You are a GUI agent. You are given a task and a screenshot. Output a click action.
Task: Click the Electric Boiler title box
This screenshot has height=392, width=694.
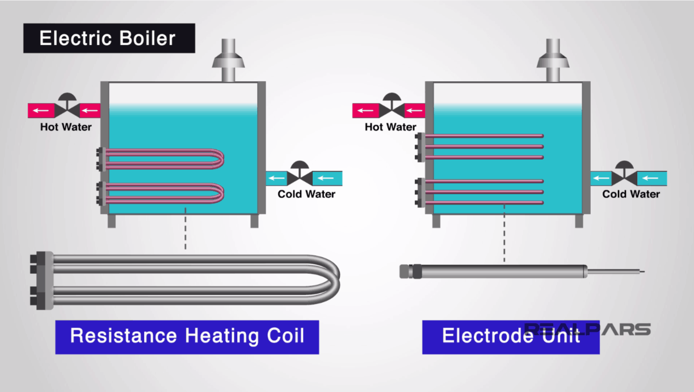coord(108,39)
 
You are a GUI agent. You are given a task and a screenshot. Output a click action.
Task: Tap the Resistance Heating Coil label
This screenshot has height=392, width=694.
coord(187,336)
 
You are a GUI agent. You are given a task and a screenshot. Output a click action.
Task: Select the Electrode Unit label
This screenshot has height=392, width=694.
coord(510,336)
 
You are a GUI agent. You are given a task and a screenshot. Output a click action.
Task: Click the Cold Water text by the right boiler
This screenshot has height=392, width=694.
coord(630,194)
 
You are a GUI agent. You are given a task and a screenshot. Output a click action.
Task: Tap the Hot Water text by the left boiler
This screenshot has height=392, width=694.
coord(65,127)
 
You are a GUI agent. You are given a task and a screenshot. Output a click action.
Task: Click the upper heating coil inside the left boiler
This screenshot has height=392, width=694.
coord(165,159)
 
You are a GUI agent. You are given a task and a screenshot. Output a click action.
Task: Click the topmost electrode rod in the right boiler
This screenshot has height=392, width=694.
coord(485,136)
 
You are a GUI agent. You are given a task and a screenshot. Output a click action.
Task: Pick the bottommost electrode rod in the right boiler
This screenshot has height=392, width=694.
coord(485,202)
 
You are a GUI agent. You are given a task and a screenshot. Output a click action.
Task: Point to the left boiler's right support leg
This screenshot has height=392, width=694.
coord(254,221)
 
